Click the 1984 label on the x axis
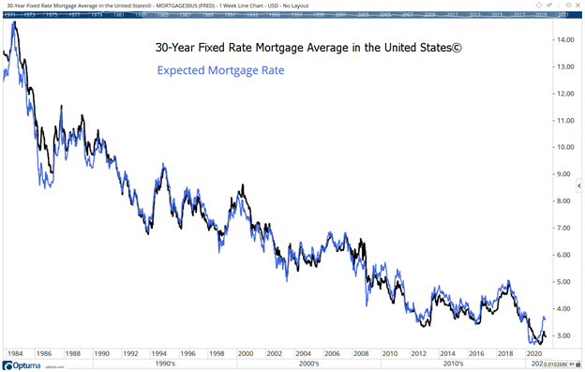point(16,353)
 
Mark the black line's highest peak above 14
point(14,22)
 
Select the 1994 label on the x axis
point(158,353)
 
